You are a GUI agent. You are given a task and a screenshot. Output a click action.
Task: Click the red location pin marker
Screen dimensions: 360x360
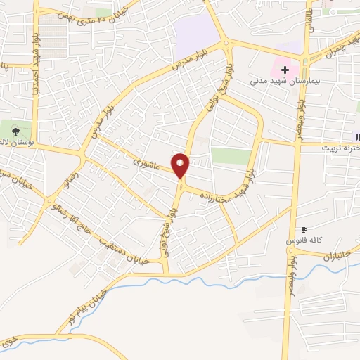181,165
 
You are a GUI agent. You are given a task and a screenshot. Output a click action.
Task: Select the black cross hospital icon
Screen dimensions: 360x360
285,70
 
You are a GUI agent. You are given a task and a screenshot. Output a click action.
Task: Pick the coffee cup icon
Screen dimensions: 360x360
304,229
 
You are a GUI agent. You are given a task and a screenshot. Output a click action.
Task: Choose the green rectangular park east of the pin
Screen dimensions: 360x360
231,155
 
